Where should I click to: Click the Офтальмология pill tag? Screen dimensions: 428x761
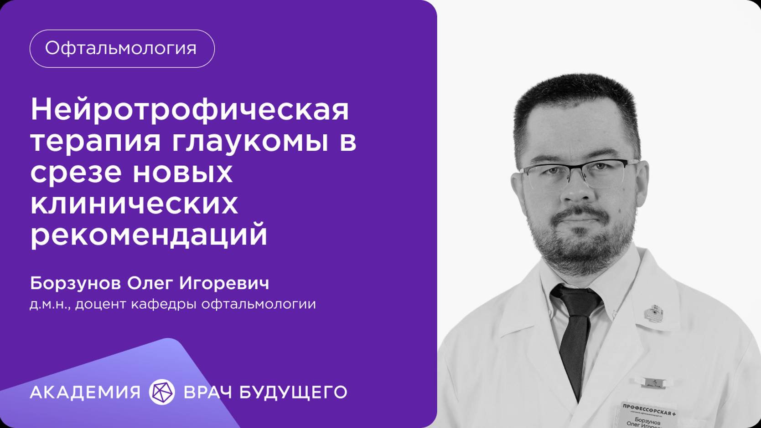(x=122, y=49)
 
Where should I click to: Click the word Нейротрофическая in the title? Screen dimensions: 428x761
(x=190, y=110)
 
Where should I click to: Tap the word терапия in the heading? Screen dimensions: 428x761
(x=96, y=142)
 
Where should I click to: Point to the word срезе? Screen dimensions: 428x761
(x=76, y=173)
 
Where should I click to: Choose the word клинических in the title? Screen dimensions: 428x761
(x=134, y=204)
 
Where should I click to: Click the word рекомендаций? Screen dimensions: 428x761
(x=149, y=235)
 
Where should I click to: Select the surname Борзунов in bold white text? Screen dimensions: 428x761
(x=75, y=283)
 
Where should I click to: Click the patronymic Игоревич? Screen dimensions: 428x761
(x=224, y=283)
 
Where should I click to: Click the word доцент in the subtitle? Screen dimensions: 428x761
(x=100, y=304)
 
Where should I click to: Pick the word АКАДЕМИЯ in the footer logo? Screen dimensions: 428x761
(x=85, y=392)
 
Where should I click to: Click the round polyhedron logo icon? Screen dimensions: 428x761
(x=162, y=392)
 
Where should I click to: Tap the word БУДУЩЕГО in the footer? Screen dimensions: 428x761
(x=293, y=392)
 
